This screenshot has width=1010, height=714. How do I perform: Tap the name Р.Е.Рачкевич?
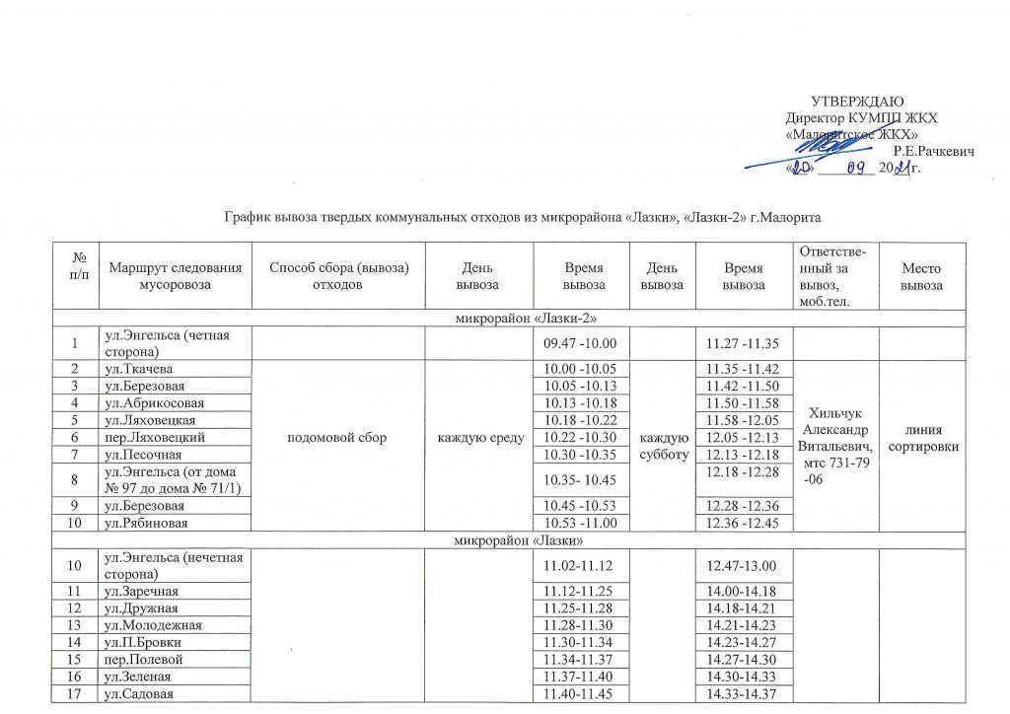pyautogui.click(x=933, y=151)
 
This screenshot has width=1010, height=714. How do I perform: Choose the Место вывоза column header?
pyautogui.click(x=927, y=276)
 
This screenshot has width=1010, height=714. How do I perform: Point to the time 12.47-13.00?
pyautogui.click(x=736, y=564)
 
